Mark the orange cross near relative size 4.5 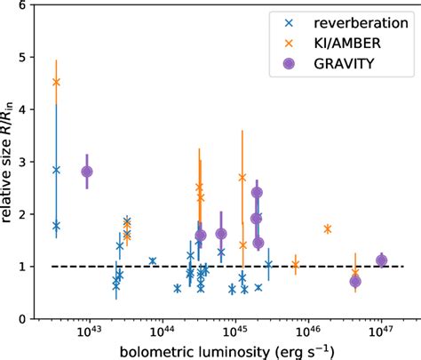(x=56, y=82)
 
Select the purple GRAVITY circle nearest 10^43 (x=87, y=172)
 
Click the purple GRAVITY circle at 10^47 (x=382, y=260)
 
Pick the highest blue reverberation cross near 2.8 (x=56, y=170)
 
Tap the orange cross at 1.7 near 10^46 (x=328, y=229)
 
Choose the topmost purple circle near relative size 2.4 (x=257, y=193)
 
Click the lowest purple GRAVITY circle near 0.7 (x=355, y=282)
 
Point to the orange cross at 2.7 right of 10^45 (x=242, y=177)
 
